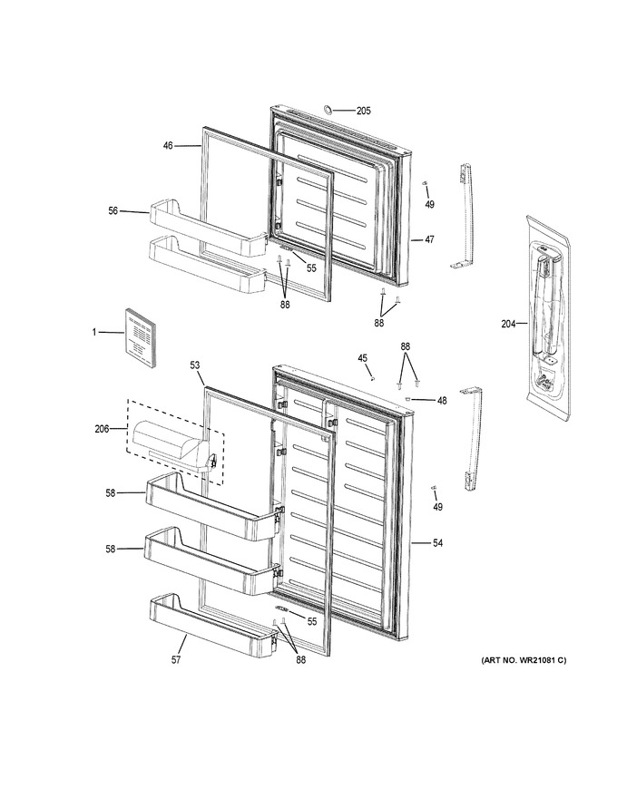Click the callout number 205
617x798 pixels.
pos(364,111)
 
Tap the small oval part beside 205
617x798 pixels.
pos(328,109)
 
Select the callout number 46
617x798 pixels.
pos(168,146)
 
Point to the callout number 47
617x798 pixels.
pos(430,239)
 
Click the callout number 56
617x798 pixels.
pos(113,210)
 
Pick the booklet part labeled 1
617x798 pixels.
pos(140,337)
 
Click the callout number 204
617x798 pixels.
pos(508,323)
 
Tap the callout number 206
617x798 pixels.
pos(102,429)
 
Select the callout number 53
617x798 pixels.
pos(195,365)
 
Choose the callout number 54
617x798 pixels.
pos(438,543)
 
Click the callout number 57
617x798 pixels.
pos(176,659)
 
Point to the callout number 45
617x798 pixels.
pos(362,358)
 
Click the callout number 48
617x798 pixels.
pos(442,401)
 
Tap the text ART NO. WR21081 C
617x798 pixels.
pos(524,660)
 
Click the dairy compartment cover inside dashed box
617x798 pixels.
pos(172,445)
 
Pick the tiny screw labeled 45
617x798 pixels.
pos(373,377)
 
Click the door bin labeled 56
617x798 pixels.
pos(208,227)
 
